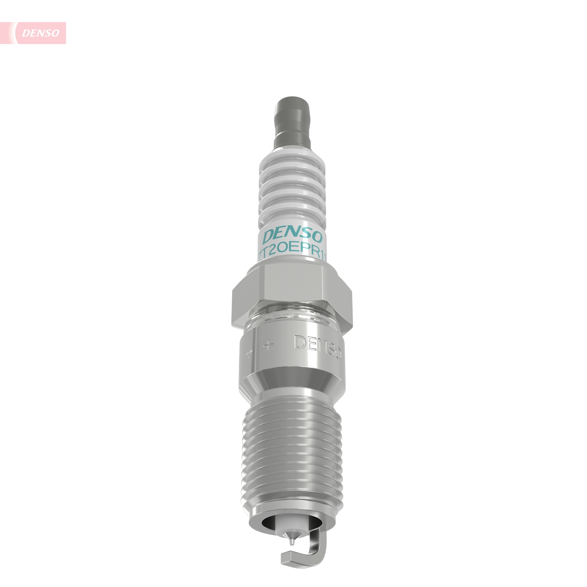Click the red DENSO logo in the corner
click(x=41, y=33)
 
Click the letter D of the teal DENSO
click(x=268, y=236)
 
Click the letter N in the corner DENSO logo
click(x=41, y=33)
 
